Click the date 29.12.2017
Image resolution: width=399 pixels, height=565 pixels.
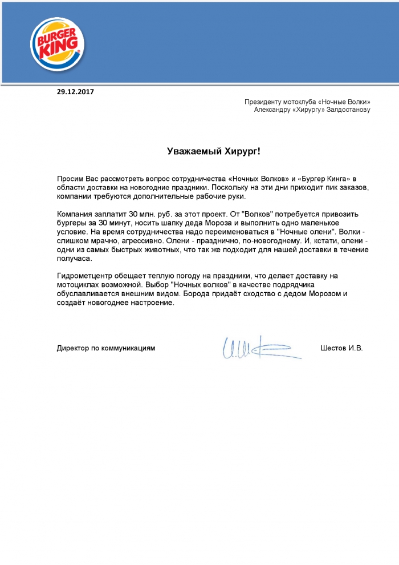point(75,91)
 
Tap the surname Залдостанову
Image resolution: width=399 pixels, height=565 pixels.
point(347,110)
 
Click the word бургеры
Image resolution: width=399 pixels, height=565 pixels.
point(71,223)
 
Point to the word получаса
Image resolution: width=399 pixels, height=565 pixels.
point(74,259)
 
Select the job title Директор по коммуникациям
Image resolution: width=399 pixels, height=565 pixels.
point(106,348)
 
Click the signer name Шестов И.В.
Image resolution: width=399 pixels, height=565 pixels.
point(341,348)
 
